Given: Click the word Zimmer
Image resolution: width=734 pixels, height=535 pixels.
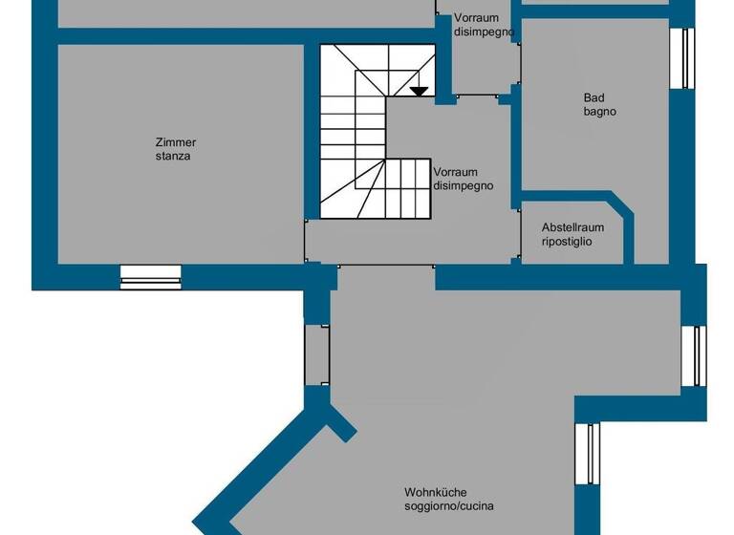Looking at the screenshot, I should tap(175, 142).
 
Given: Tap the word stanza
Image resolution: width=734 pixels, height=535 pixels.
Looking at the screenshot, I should tap(174, 155).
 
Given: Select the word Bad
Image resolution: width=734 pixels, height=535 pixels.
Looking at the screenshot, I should tap(594, 97).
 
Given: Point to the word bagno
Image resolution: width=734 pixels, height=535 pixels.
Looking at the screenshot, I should tap(600, 111).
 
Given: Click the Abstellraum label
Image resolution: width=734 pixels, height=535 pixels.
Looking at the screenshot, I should tap(572, 228).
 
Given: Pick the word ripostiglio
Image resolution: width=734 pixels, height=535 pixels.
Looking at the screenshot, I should tap(568, 242).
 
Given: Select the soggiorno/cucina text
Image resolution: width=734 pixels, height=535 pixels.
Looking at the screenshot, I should tap(449, 506).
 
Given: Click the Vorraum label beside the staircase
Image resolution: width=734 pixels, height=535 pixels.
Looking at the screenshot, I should tap(455, 173).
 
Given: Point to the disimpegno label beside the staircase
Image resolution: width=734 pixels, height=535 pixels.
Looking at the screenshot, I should tap(464, 186).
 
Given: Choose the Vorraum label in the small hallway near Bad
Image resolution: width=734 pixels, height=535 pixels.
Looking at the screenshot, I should tap(476, 18).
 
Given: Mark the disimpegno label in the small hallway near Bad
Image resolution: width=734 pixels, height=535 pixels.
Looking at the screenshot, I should tap(485, 32).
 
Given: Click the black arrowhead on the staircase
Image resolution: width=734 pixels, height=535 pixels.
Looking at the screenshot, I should tap(419, 92).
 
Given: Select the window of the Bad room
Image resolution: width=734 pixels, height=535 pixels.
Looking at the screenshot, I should tap(687, 57).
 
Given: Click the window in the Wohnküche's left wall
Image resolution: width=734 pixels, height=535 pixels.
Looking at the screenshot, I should tap(316, 354).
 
